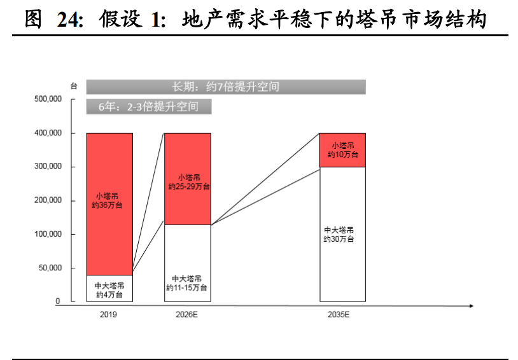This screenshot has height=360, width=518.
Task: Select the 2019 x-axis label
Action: point(109,314)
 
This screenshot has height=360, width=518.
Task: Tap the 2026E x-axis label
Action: point(187,314)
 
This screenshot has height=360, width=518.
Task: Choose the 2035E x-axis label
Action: point(342,314)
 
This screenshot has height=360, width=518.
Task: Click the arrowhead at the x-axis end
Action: point(470,306)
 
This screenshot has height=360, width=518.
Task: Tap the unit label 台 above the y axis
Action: point(74,86)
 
